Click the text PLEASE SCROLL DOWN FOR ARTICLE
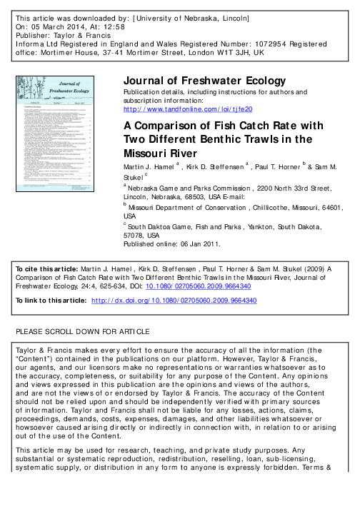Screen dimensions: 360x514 (83, 353)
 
